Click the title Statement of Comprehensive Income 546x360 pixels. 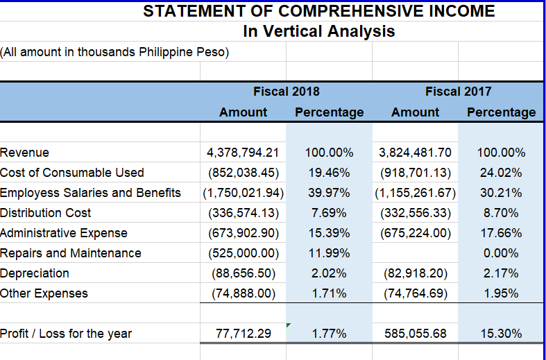(319, 11)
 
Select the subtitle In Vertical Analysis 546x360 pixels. (319, 31)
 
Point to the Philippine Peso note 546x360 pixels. (115, 52)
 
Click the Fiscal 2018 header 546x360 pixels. (287, 91)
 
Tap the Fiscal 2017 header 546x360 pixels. (458, 91)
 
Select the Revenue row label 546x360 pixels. (25, 153)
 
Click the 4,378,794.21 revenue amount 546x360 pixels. (243, 153)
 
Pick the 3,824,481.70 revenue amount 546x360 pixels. (416, 153)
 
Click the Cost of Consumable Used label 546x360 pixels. (72, 173)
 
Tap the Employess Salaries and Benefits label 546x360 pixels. (90, 193)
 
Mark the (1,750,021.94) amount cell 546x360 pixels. (242, 193)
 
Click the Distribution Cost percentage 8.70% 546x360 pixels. (501, 213)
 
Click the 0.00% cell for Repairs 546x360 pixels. (501, 253)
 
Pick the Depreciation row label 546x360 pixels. (35, 273)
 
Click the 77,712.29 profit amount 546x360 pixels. (244, 334)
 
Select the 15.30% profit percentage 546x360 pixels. (501, 334)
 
